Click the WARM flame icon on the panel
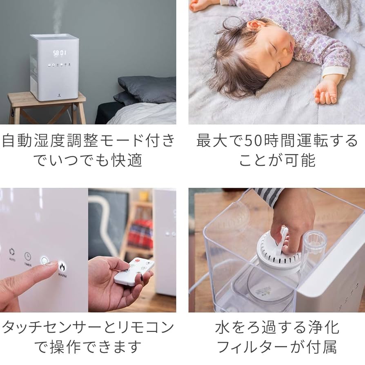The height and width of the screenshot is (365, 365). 62,267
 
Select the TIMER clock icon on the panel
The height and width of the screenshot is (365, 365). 28,256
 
